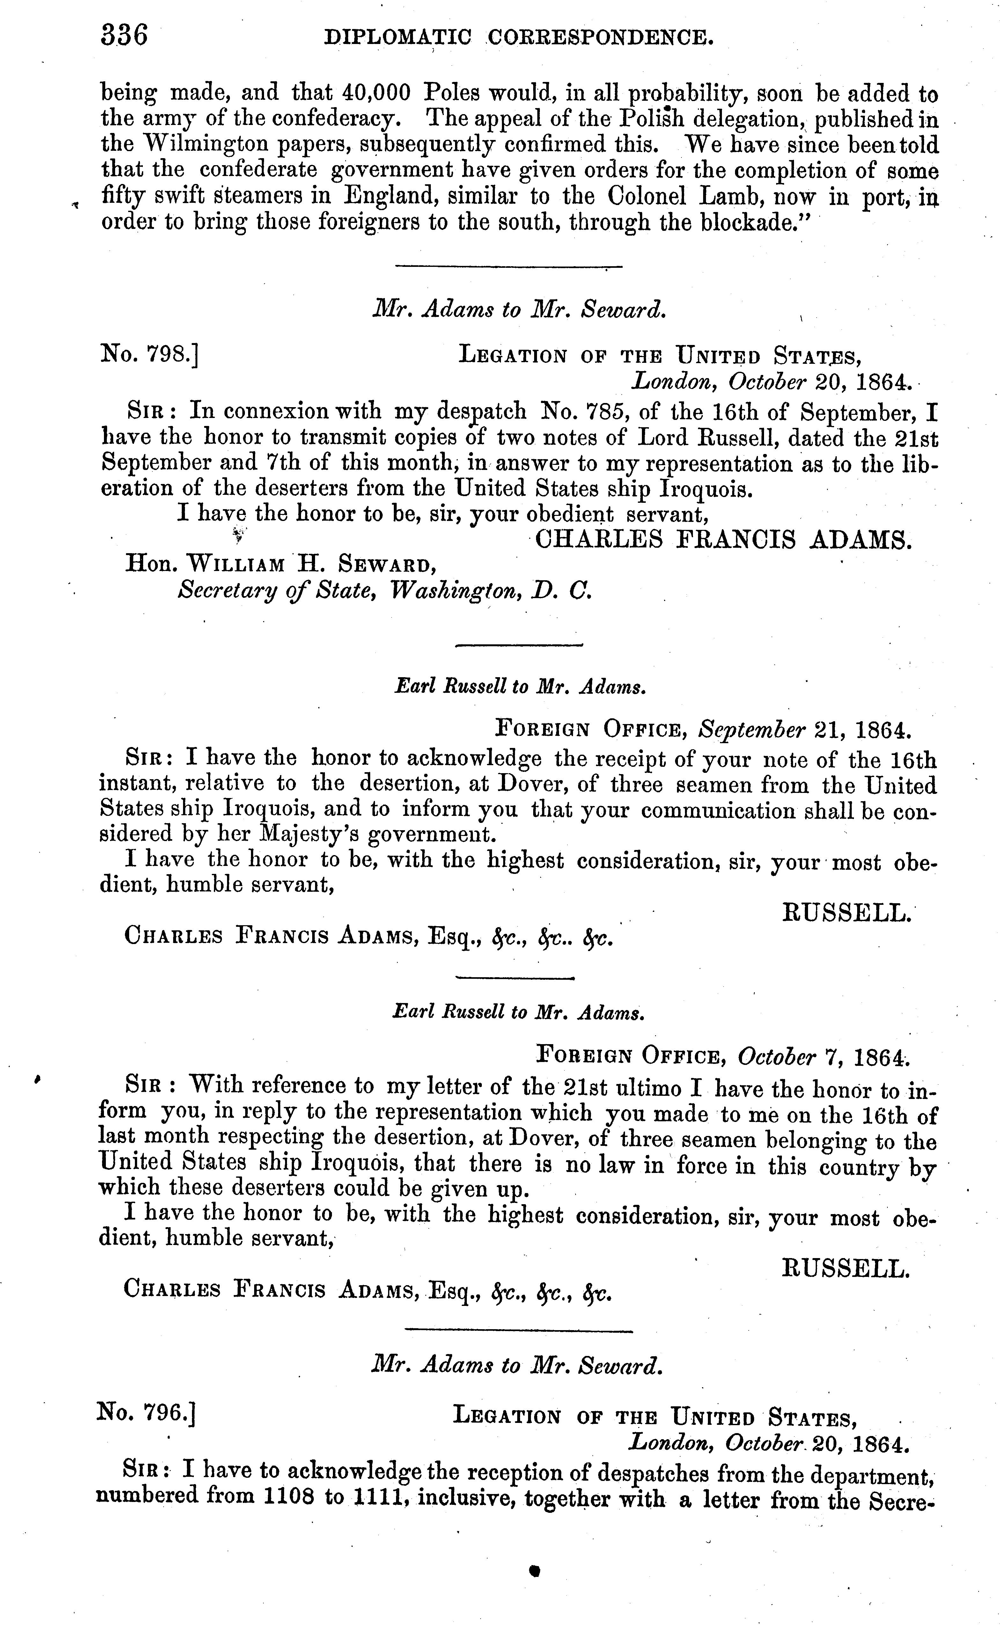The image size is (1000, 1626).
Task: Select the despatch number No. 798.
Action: tap(150, 356)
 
